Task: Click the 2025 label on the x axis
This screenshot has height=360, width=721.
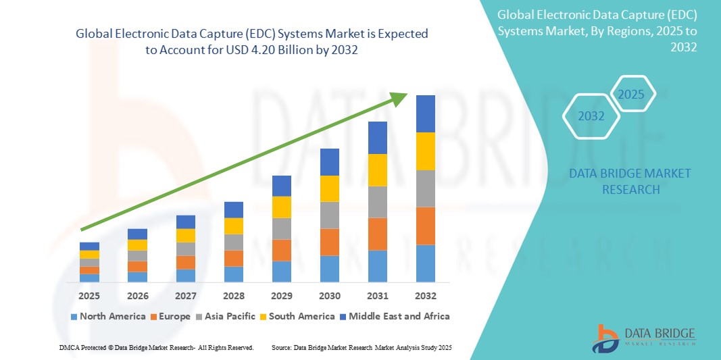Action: [x=89, y=296]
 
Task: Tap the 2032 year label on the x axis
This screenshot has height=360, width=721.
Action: [x=426, y=296]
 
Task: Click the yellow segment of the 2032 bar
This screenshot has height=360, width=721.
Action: [x=426, y=151]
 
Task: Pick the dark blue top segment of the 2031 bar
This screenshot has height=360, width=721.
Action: [x=378, y=138]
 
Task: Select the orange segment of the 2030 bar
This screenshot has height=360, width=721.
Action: [x=329, y=242]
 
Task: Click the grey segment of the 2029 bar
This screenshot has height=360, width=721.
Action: [x=281, y=228]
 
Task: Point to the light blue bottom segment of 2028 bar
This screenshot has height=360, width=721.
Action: [x=233, y=274]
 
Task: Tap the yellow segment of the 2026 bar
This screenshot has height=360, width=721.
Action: [x=137, y=245]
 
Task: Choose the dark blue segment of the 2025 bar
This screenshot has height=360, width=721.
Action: [x=89, y=246]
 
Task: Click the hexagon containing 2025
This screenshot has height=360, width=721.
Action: [x=632, y=94]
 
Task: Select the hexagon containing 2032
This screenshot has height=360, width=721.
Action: [x=591, y=116]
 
